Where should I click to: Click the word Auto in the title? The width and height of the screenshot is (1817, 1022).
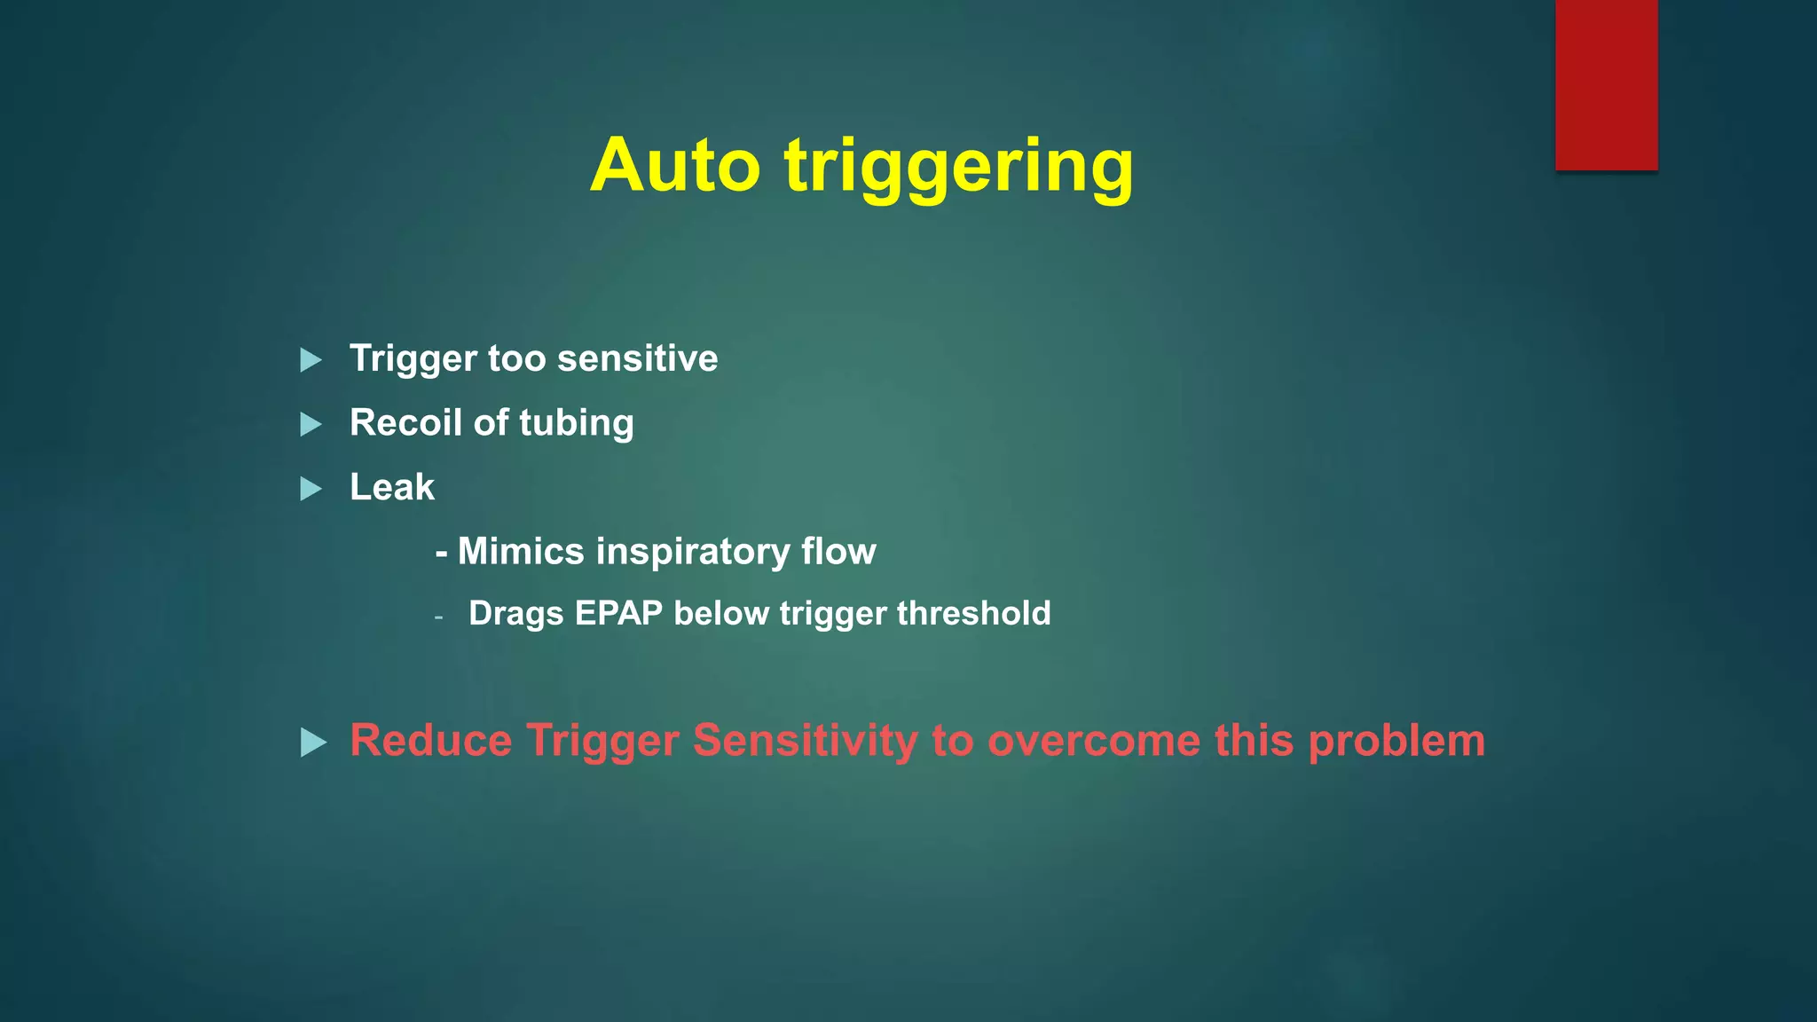[x=675, y=166]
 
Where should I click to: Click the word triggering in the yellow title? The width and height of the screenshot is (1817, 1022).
[x=959, y=169]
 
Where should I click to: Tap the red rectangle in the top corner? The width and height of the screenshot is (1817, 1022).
[x=1606, y=85]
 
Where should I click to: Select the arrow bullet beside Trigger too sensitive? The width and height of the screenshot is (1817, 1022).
[x=311, y=360]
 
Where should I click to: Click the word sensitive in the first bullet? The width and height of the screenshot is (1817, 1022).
[x=637, y=358]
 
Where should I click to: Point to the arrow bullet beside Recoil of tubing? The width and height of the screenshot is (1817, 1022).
[x=311, y=424]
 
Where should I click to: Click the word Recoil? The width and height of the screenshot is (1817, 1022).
[x=405, y=422]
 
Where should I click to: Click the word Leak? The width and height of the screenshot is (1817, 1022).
[x=392, y=487]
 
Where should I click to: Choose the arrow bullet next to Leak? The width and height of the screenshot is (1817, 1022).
[x=311, y=489]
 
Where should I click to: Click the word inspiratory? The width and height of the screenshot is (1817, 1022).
[x=693, y=553]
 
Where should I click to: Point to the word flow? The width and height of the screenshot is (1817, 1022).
[x=838, y=551]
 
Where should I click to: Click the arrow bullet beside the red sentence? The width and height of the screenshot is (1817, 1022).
[x=313, y=743]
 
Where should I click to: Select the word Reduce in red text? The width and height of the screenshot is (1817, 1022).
[x=430, y=740]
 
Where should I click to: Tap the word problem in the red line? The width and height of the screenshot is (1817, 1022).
[x=1396, y=742]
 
